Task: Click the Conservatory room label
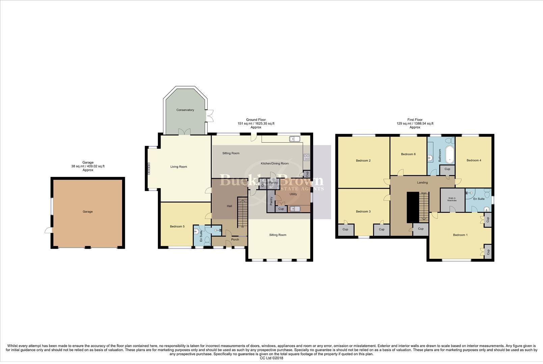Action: (185, 110)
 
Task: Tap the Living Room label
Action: (179, 166)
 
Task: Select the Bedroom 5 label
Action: (177, 226)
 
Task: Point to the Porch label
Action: (235, 240)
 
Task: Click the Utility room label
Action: (293, 194)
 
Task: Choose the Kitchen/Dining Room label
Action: (275, 163)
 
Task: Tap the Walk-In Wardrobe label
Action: (452, 199)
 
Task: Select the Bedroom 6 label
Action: (408, 154)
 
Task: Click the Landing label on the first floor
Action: (423, 183)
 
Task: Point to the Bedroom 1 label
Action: (460, 235)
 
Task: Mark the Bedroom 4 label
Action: (474, 160)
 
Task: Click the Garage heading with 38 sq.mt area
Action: (88, 166)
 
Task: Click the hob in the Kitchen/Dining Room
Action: (307, 157)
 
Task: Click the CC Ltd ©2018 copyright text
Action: (271, 358)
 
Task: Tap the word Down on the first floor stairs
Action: (424, 193)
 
